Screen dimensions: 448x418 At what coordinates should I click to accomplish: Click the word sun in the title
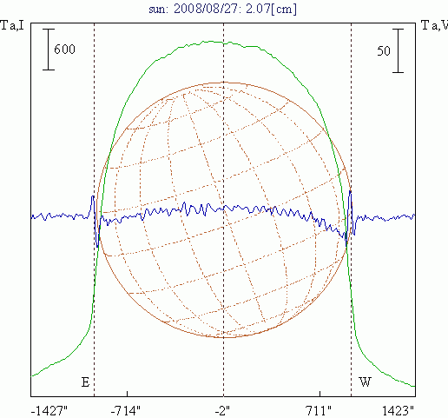point(158,10)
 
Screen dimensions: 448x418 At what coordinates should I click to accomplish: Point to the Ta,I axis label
point(12,25)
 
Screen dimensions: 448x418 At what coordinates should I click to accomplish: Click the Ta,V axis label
point(434,25)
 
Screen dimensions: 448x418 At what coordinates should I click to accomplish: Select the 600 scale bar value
point(64,50)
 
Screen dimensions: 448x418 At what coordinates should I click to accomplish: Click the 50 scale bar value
point(384,51)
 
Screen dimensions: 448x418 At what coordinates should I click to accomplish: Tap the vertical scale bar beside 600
point(49,50)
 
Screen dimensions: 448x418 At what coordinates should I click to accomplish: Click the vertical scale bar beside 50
point(398,50)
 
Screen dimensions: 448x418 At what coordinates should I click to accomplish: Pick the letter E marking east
point(85,382)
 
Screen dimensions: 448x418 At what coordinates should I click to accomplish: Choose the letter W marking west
point(365,382)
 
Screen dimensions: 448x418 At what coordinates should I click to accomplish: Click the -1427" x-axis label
point(49,411)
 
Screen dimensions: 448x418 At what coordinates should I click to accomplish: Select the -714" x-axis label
point(126,411)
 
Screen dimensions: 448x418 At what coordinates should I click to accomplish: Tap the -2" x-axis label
point(222,411)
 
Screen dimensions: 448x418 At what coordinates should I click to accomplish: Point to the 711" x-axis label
point(319,411)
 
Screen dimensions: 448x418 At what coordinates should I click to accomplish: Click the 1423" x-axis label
point(398,411)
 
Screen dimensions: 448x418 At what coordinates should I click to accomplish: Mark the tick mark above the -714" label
point(128,394)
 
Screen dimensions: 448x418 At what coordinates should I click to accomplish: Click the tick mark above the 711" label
point(320,394)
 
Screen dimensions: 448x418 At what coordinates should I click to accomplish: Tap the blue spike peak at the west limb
point(351,191)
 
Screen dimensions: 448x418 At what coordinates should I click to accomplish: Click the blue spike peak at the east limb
point(93,196)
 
